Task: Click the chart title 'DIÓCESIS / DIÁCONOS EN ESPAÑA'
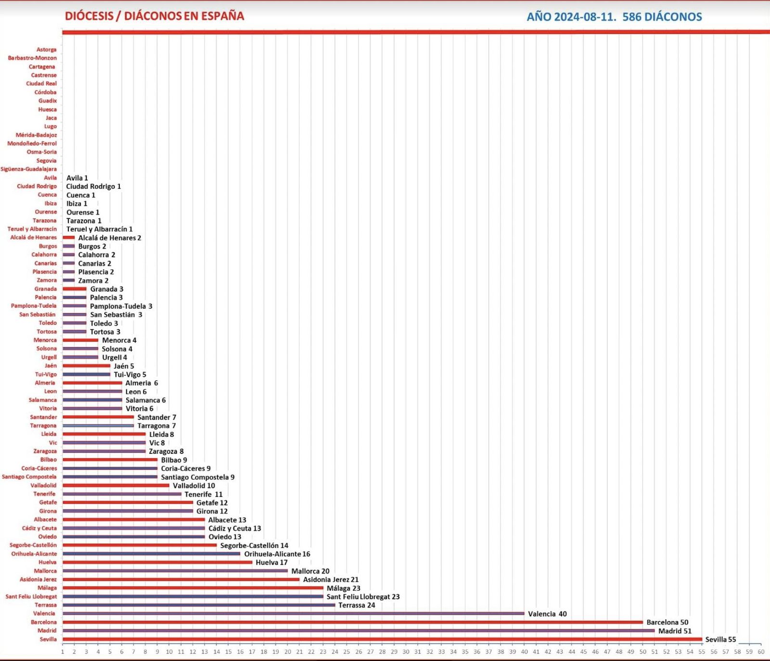154,16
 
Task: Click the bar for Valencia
293,613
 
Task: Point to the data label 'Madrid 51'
675,631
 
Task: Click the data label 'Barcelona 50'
667,622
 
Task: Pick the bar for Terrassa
199,605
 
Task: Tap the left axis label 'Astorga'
46,50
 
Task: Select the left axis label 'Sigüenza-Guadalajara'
28,169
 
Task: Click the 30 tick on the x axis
406,652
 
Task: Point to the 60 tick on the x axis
761,652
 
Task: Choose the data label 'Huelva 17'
271,562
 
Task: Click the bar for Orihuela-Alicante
151,554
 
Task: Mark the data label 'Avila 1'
77,178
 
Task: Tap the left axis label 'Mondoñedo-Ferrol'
32,143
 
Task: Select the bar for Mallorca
175,571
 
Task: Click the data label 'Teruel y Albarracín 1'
99,229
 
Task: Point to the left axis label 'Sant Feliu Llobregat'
31,597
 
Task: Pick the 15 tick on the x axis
228,652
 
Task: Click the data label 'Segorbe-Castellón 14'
254,545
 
